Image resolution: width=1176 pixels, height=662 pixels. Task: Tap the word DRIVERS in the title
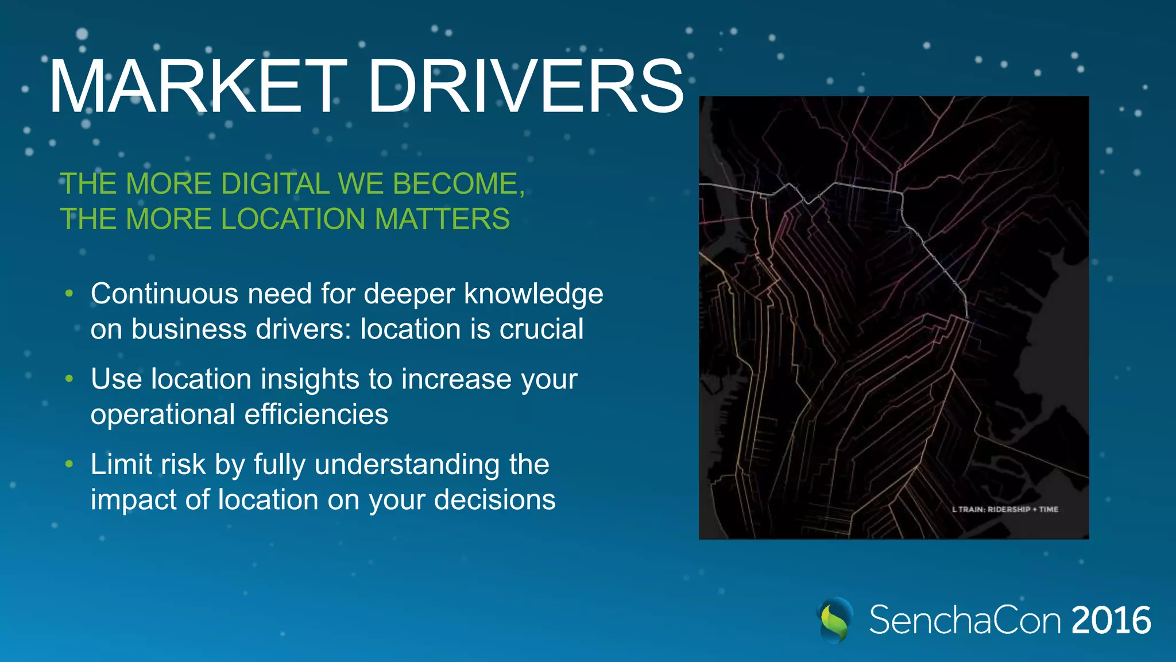(x=525, y=87)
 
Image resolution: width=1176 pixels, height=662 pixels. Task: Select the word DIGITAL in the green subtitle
(x=275, y=184)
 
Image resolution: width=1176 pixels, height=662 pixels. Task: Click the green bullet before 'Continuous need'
(x=69, y=294)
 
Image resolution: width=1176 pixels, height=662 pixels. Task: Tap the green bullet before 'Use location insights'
(x=69, y=379)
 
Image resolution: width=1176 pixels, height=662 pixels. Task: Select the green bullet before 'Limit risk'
(x=69, y=464)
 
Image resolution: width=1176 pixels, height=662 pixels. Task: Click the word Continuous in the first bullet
(x=164, y=294)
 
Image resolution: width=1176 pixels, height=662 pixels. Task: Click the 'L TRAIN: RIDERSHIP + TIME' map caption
(x=1005, y=509)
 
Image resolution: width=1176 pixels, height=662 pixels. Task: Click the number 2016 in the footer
(x=1111, y=621)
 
